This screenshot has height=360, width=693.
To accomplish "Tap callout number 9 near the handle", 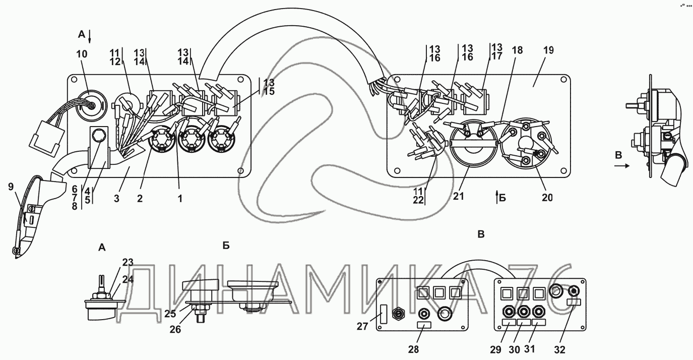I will point(11,188).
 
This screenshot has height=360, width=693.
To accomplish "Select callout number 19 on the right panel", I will point(548,50).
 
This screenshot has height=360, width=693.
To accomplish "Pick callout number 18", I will point(517,50).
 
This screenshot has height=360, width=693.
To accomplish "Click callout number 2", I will point(140,198).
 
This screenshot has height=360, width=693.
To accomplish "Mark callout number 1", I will point(179,198).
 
